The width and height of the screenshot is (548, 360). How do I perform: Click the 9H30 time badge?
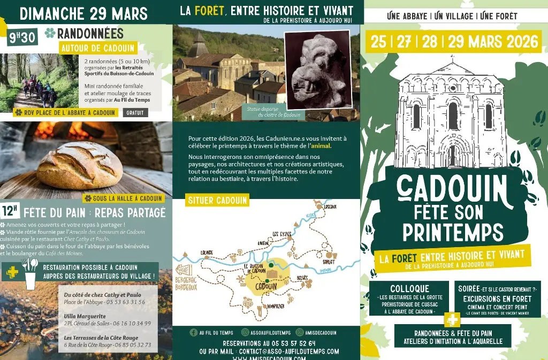pos(20,37)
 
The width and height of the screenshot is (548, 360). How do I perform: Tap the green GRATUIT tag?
pos(135,113)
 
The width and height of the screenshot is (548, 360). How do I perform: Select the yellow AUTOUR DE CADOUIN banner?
pos(97,48)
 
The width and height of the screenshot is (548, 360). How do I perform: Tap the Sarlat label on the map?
pos(329,262)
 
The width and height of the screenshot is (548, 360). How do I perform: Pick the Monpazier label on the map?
pos(273,306)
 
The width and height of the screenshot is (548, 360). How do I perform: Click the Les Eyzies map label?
pos(283,234)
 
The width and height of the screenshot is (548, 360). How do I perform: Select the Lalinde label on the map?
pos(206,251)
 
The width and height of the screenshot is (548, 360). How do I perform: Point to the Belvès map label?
pos(302,278)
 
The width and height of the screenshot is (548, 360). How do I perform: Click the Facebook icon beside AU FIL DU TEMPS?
pos(193,332)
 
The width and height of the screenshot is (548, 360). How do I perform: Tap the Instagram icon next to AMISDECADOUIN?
pos(300,332)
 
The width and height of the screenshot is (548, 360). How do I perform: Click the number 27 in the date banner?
pos(404,42)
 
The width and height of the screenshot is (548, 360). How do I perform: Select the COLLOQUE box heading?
pos(409,289)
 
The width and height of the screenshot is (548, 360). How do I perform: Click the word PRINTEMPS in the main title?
pos(453,233)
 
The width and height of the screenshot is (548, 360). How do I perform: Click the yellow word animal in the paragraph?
pos(321,145)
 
